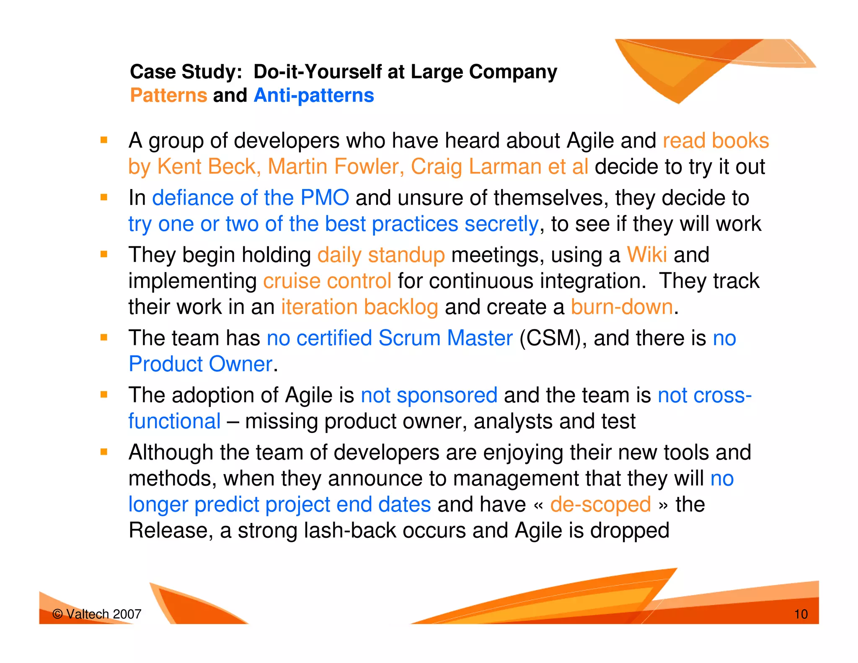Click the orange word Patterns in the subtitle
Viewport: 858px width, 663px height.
click(168, 96)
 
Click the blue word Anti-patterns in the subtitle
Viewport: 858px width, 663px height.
click(314, 96)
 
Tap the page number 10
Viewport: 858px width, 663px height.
click(801, 614)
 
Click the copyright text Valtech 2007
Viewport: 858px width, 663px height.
click(97, 614)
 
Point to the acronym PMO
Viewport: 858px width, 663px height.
click(325, 198)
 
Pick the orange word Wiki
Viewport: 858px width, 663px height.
click(646, 255)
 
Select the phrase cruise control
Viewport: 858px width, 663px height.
click(327, 281)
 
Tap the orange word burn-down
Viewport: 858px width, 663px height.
click(622, 307)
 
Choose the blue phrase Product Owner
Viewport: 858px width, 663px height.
click(201, 364)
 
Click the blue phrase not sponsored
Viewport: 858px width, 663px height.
click(429, 396)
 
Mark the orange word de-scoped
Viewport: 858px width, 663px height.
click(600, 505)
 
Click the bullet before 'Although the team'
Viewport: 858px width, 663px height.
click(104, 452)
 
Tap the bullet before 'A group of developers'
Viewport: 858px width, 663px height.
click(104, 140)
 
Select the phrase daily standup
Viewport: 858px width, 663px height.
click(381, 255)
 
